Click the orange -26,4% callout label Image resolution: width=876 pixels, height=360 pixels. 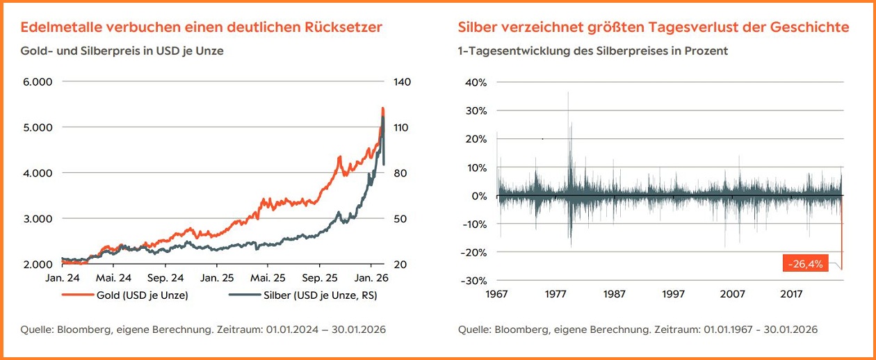coord(806,263)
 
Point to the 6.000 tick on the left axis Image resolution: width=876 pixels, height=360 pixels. coord(38,82)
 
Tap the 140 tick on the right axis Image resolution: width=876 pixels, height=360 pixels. coord(402,82)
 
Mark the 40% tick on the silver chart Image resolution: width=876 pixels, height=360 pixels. coord(476,82)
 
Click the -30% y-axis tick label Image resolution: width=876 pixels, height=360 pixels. coord(475,280)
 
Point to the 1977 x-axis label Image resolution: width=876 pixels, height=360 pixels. coord(555,293)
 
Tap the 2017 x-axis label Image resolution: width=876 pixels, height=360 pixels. coord(791,293)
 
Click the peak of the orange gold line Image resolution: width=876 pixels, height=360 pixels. coord(383,108)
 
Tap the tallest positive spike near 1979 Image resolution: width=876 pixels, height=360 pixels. coord(569,92)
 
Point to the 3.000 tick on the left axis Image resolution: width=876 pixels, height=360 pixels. coord(38,219)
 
